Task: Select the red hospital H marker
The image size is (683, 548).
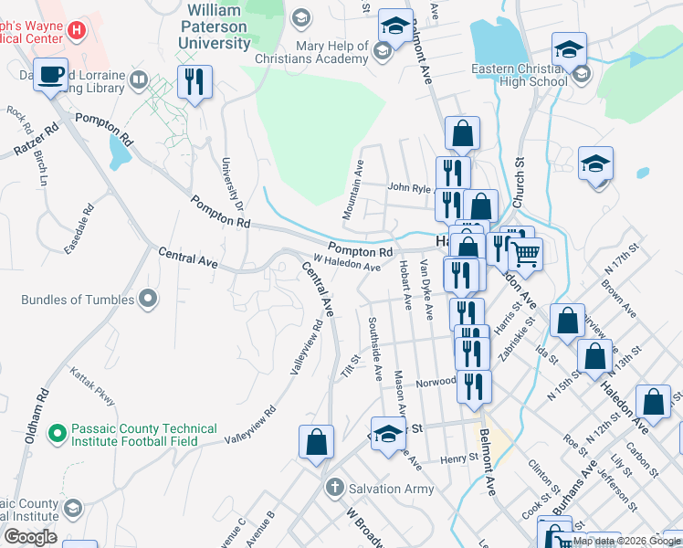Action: (x=77, y=30)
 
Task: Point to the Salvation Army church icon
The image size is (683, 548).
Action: (x=335, y=488)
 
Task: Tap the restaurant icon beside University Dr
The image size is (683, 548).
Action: (x=194, y=82)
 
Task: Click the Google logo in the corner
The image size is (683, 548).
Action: (x=29, y=537)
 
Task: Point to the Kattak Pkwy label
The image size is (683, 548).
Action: (x=93, y=385)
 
